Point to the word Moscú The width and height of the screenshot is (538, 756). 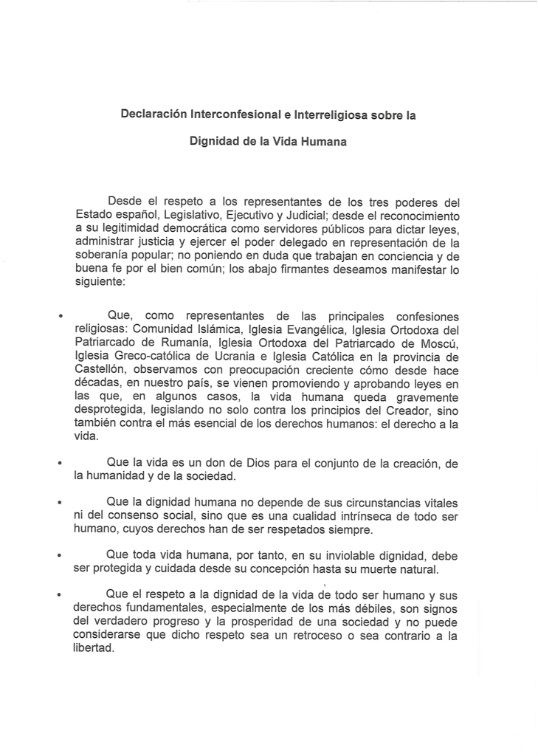(437, 343)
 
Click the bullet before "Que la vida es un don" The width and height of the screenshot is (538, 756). (61, 464)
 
